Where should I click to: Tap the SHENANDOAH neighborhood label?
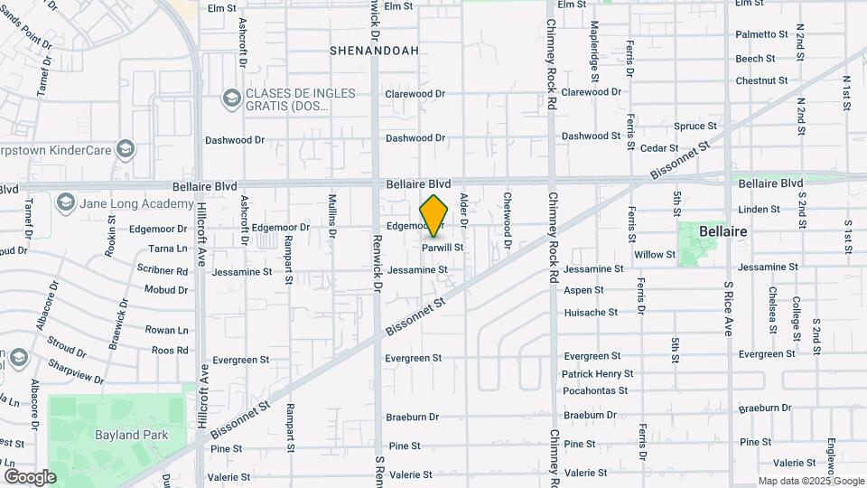click(x=374, y=51)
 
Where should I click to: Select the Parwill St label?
click(x=443, y=247)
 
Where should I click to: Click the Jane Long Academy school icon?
click(x=65, y=202)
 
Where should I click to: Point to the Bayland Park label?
click(x=130, y=435)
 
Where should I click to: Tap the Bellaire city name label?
click(x=722, y=232)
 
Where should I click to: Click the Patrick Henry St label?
click(x=597, y=374)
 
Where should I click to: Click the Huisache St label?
click(x=591, y=313)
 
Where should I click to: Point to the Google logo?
click(x=30, y=476)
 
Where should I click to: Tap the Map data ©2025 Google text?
click(x=810, y=481)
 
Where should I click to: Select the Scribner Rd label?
click(x=163, y=271)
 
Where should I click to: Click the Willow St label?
click(x=655, y=255)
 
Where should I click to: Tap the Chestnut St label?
click(x=755, y=81)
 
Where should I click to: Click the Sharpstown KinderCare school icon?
click(x=126, y=148)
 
